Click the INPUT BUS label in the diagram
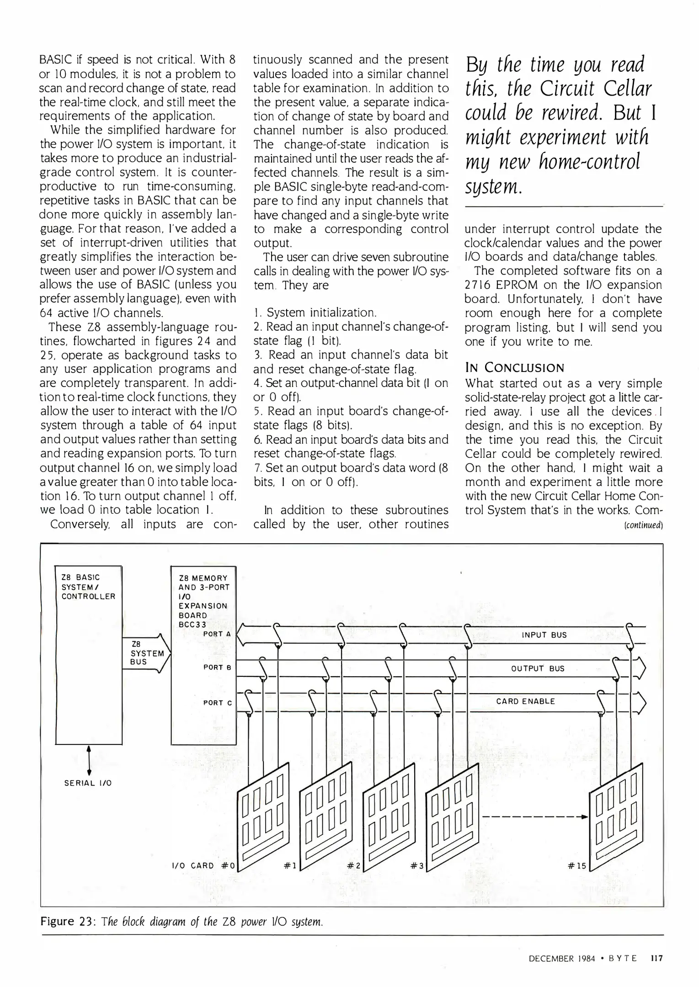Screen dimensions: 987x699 pyautogui.click(x=544, y=635)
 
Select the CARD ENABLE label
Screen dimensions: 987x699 pyautogui.click(x=525, y=701)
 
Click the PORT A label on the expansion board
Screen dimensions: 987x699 pyautogui.click(x=217, y=634)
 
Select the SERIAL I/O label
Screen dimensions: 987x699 pyautogui.click(x=88, y=783)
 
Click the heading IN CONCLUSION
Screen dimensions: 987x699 pyautogui.click(x=514, y=368)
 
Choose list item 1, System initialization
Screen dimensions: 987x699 pyautogui.click(x=315, y=313)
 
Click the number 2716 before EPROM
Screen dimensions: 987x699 pyautogui.click(x=478, y=285)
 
